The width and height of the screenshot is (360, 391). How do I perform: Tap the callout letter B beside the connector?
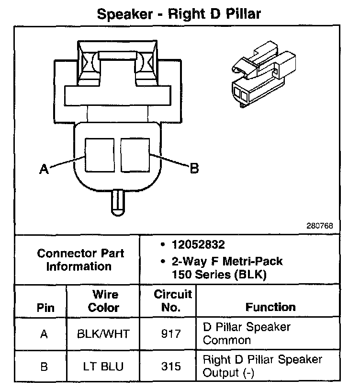194,168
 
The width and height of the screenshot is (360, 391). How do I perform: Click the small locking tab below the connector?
117,202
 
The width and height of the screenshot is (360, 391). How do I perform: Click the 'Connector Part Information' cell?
80,260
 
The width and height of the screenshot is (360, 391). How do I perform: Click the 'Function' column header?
270,307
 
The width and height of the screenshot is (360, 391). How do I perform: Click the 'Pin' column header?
45,308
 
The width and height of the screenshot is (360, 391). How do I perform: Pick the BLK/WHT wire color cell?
103,333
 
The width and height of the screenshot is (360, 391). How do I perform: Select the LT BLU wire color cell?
103,367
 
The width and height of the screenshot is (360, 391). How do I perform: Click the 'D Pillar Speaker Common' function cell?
247,333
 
